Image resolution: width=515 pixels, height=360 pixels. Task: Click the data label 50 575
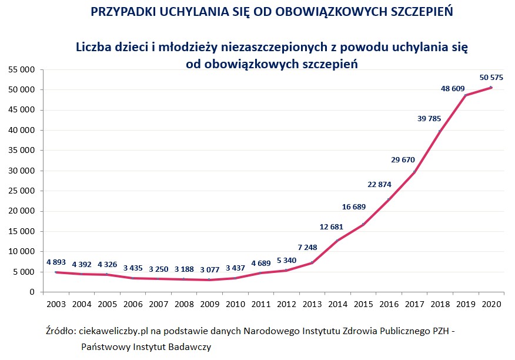[x=491, y=77]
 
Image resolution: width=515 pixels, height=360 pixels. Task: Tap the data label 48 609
[x=453, y=89]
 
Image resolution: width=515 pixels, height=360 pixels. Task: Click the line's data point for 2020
[x=491, y=87]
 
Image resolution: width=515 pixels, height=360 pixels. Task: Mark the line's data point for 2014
[x=337, y=241]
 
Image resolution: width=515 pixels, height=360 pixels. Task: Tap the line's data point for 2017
[x=414, y=172]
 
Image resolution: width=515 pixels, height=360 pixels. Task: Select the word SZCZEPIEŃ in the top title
[x=423, y=12]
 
